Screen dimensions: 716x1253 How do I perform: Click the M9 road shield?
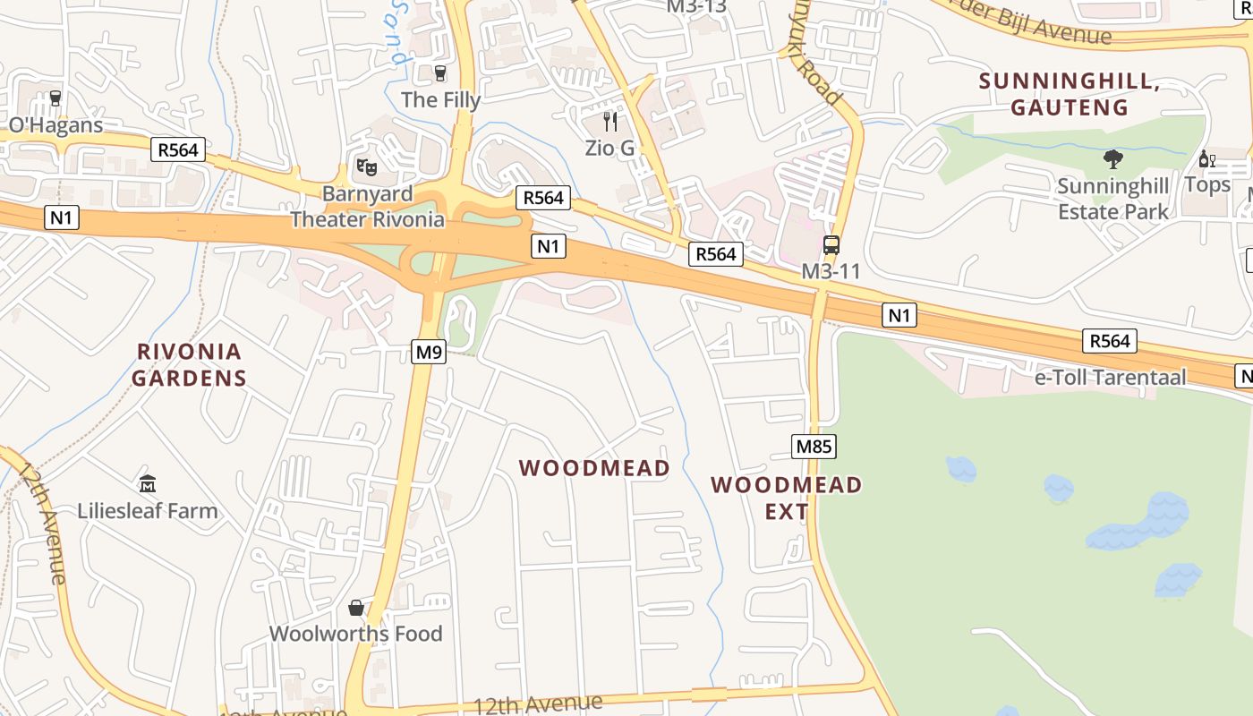[x=429, y=353]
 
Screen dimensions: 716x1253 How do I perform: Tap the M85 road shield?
[x=814, y=446]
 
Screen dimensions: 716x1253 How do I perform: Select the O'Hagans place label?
[x=56, y=124]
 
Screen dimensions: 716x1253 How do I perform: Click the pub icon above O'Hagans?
[x=55, y=98]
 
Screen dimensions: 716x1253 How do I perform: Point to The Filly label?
[x=440, y=99]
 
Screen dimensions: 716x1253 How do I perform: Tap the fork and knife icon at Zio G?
[x=610, y=121]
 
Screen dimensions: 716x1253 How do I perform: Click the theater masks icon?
[x=367, y=166]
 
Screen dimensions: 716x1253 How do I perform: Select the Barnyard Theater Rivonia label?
[x=367, y=207]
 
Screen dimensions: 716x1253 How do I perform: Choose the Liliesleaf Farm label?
[x=148, y=511]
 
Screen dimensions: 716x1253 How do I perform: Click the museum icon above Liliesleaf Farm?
[x=148, y=484]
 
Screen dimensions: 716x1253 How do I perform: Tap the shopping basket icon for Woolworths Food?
[x=356, y=609]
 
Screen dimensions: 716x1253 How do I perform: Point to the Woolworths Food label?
[x=356, y=634]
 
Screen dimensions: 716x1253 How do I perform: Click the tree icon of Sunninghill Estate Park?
[x=1113, y=160]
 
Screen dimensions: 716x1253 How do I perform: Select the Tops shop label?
[x=1207, y=185]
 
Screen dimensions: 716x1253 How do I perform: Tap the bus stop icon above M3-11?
[x=831, y=245]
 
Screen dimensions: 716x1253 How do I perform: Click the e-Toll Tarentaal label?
[x=1110, y=377]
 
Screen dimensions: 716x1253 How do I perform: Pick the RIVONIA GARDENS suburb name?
[x=189, y=364]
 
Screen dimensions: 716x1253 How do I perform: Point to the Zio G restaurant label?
[x=609, y=148]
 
